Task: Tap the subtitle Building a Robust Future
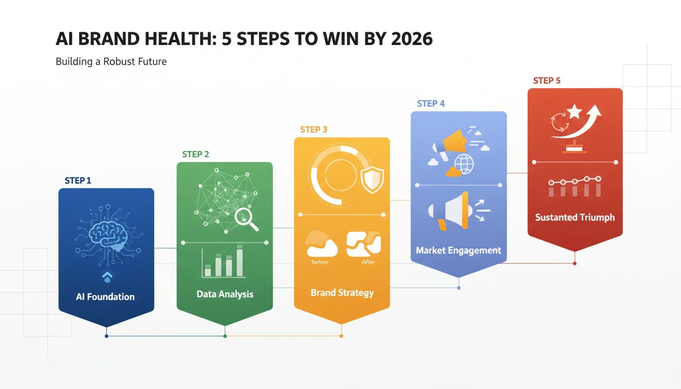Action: tap(111, 62)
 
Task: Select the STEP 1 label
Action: tap(78, 180)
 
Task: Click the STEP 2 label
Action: tap(196, 154)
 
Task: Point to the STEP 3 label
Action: tap(314, 130)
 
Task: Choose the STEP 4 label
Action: tap(431, 104)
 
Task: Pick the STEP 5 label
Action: tap(547, 81)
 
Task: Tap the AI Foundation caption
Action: tap(105, 297)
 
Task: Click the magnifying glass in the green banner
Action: tap(246, 219)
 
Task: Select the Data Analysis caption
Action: tap(225, 294)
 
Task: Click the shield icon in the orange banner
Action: tap(372, 180)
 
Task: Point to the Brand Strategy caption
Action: tap(342, 293)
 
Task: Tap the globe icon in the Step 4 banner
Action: tap(464, 164)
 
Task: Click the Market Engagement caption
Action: tap(459, 250)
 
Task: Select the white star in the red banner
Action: tap(574, 111)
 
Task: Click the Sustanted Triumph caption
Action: tap(575, 218)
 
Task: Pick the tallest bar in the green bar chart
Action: tap(240, 261)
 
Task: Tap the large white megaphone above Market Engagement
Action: tap(449, 211)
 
